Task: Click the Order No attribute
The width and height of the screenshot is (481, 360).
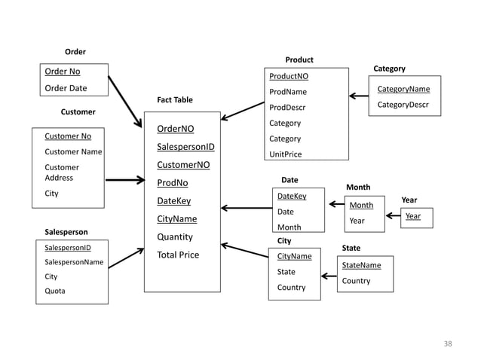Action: coord(63,72)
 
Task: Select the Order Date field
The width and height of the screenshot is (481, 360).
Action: coord(66,88)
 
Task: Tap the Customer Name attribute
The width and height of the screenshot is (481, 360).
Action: coord(73,151)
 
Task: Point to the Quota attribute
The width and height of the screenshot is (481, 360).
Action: coord(54,291)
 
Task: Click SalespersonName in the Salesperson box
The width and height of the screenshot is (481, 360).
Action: coord(74,262)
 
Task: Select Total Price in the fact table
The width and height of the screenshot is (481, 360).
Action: coord(178,255)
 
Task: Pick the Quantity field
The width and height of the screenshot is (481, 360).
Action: coord(174,236)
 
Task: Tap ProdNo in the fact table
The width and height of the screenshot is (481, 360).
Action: coord(172,183)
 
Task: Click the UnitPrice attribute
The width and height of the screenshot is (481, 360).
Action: coord(285,154)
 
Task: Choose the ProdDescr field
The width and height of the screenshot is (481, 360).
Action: coord(287,107)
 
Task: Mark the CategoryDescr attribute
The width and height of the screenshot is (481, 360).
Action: coord(403,105)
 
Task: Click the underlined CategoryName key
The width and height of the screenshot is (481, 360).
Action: coord(403,89)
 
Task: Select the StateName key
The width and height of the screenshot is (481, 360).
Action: coord(361,265)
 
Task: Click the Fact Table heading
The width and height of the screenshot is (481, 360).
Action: coord(174,99)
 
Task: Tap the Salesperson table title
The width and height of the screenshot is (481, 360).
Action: coord(66,232)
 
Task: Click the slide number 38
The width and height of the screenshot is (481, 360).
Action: coord(448,343)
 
